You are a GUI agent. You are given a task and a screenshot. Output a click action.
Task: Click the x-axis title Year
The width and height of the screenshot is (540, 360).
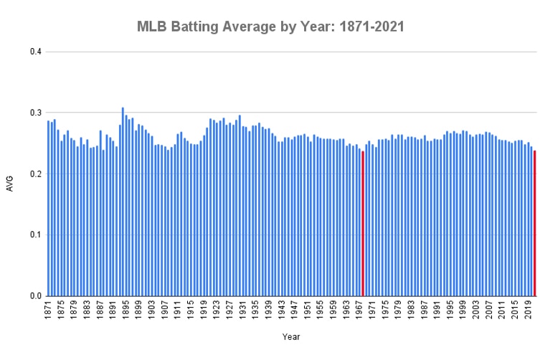click(x=291, y=336)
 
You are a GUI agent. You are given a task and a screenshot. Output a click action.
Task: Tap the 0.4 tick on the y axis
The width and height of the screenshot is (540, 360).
click(x=36, y=52)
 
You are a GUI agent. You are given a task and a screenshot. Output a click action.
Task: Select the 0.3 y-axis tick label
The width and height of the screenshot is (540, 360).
click(x=36, y=113)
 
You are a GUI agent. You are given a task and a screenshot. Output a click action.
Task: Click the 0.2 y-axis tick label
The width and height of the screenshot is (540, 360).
click(x=36, y=174)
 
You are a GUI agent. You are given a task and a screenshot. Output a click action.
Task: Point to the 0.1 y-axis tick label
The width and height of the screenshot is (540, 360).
click(x=36, y=235)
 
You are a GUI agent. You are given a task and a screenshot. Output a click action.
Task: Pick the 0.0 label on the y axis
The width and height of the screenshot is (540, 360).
click(x=36, y=295)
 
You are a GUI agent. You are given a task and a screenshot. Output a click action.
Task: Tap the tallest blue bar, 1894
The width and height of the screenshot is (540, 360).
click(x=123, y=202)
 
